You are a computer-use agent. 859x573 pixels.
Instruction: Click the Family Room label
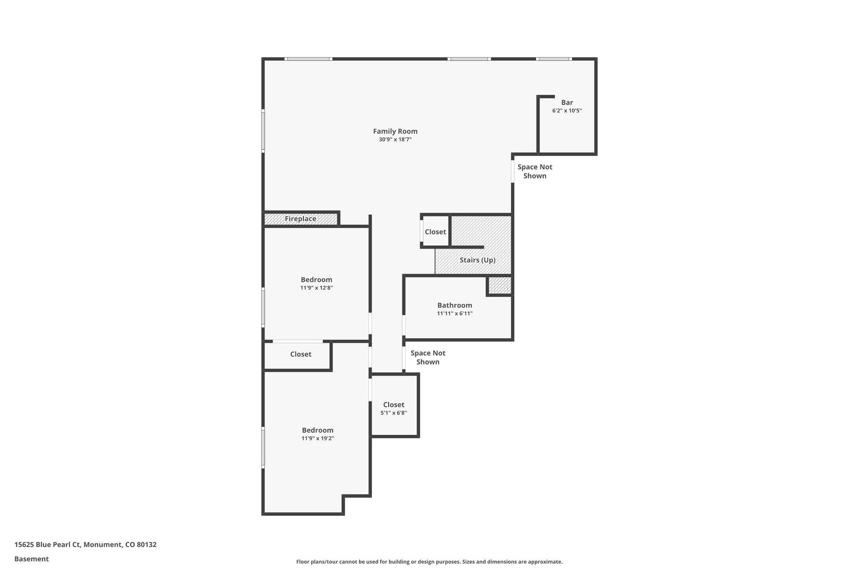tap(395, 131)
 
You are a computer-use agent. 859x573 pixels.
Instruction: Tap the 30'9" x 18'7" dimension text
tap(395, 140)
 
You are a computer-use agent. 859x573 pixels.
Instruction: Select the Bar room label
tap(567, 102)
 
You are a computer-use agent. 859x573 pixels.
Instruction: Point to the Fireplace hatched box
tap(300, 219)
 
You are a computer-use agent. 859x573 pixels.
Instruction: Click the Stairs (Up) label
tap(477, 260)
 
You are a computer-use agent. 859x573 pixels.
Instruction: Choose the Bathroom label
tap(454, 305)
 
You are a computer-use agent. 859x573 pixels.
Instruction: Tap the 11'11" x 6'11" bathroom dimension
tap(454, 314)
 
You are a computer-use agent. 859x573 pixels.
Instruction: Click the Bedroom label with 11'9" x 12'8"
tap(316, 280)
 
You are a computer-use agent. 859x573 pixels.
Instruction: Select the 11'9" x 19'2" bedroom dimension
tap(317, 438)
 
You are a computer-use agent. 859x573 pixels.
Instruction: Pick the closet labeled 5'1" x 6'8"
tap(393, 405)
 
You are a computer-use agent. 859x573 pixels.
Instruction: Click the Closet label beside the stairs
tap(435, 232)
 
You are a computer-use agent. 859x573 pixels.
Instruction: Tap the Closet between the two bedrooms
tap(300, 354)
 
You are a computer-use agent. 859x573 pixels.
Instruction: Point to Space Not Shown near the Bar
tap(534, 171)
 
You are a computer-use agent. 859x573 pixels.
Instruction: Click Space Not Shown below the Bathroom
tap(427, 358)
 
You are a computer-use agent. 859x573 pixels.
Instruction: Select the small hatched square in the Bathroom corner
tap(500, 285)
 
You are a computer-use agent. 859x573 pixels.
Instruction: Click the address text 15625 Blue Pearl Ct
tap(85, 545)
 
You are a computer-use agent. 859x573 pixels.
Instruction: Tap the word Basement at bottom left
tap(31, 559)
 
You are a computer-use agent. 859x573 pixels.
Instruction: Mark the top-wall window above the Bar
tap(553, 59)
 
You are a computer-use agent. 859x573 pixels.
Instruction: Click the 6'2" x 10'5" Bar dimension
tap(567, 111)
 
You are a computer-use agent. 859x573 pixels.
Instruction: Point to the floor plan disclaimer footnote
tap(429, 562)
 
